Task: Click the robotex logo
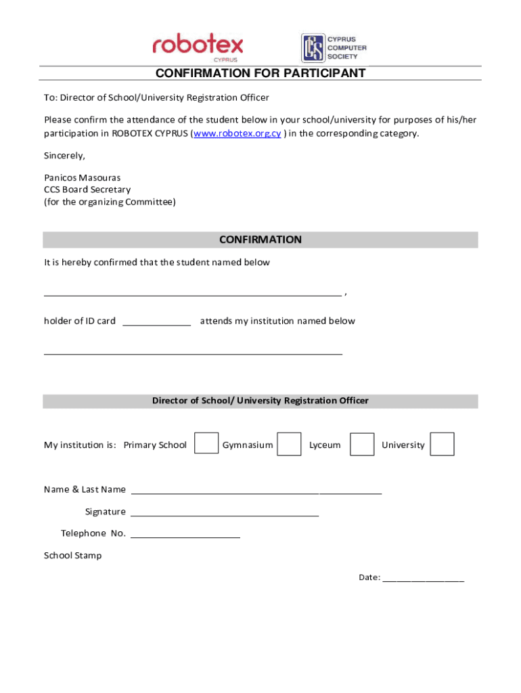198,47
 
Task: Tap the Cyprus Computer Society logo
334,47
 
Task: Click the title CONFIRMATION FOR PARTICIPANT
260,73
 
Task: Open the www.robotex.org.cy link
237,133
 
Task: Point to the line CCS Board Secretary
87,189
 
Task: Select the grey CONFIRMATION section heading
260,240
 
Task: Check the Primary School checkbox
206,443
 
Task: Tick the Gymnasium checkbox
290,444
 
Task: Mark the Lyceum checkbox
362,444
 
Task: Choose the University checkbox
442,444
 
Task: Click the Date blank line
423,579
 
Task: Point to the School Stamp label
73,556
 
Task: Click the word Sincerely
64,156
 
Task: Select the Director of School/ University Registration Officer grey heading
260,401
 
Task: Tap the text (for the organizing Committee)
110,202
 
